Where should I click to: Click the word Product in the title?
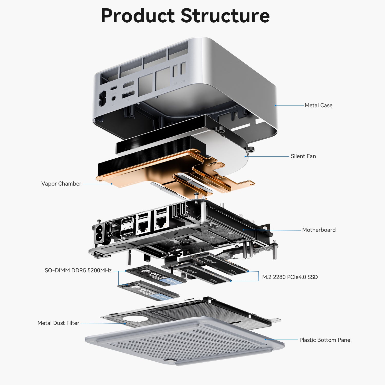tap(138, 16)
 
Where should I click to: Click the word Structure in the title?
tap(225, 16)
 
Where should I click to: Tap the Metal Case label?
tap(318, 105)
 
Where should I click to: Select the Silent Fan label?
tap(303, 156)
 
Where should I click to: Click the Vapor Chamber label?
tap(61, 184)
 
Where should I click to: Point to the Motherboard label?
tap(319, 230)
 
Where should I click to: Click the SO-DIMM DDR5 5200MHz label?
tap(78, 271)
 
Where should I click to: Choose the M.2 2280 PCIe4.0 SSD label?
tap(290, 277)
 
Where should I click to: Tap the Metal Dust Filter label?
tap(58, 323)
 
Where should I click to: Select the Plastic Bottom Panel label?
tap(325, 340)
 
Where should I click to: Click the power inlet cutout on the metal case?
tap(102, 99)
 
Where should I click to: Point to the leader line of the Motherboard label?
tap(272, 230)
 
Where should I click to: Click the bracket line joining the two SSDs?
tap(258, 276)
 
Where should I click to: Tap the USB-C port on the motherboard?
tap(110, 222)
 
